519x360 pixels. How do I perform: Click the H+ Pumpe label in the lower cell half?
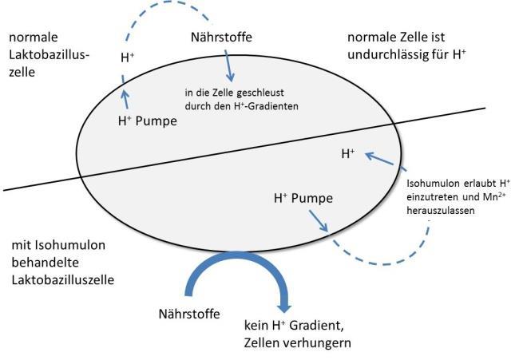(x=303, y=196)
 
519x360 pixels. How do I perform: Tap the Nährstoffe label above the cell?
(x=222, y=37)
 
